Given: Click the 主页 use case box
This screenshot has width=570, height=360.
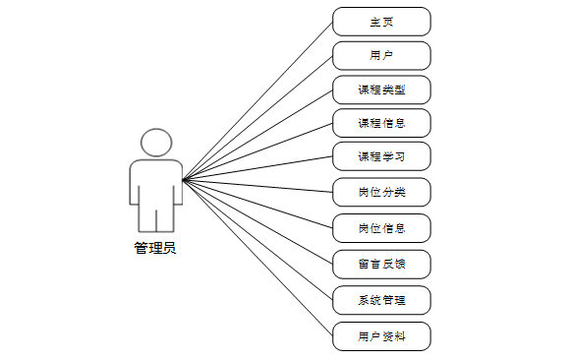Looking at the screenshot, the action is click(x=381, y=22).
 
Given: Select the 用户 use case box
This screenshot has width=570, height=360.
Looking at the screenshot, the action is click(x=381, y=55).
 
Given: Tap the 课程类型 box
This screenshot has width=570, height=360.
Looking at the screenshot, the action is click(x=381, y=90).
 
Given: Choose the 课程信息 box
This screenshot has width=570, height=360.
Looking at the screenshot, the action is click(x=381, y=124).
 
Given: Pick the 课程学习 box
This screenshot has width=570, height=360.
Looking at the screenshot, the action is click(x=381, y=157).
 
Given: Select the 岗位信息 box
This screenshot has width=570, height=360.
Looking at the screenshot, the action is click(x=381, y=228).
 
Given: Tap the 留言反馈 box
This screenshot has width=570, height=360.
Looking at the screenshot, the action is click(x=381, y=263).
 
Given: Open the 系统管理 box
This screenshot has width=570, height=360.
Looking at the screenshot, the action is click(x=381, y=298).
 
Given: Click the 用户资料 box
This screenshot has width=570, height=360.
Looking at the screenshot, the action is click(x=381, y=336).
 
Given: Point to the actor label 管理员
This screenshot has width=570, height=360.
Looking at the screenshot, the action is click(x=155, y=248).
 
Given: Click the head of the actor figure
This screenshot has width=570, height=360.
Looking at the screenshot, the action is click(x=156, y=142).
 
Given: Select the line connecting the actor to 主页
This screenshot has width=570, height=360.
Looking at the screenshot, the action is click(x=257, y=100).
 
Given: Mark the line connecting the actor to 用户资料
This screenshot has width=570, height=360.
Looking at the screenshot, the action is click(x=257, y=257).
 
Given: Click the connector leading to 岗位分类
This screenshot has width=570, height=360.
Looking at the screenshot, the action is click(x=257, y=186).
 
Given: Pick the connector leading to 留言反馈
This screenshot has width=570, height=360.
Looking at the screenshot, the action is click(x=257, y=221).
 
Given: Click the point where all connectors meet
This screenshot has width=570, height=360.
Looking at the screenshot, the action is click(x=184, y=179).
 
